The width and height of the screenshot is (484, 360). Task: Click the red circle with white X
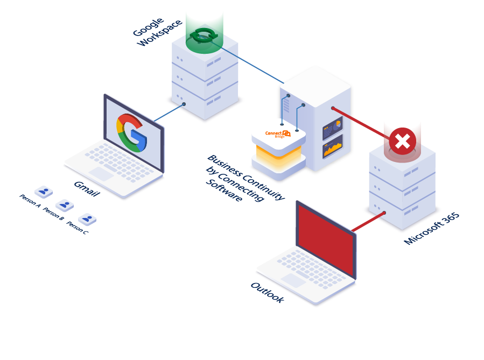coord(402,142)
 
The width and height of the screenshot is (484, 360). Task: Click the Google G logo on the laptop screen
coord(131,133)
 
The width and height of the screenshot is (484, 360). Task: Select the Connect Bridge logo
coord(278,134)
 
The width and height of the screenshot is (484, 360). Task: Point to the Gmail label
coord(87,189)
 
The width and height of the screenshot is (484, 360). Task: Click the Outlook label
coord(268,292)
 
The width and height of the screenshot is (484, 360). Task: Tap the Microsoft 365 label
coord(432,229)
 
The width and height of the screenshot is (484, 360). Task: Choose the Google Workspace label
coord(157,32)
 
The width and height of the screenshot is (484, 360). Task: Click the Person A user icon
coord(44,192)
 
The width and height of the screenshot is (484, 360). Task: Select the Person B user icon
coord(65,205)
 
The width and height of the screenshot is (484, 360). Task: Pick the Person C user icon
coord(87,219)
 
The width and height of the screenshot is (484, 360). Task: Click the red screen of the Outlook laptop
coord(326,239)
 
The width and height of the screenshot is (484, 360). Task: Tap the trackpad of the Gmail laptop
coord(101,174)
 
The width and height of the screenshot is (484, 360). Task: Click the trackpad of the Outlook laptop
coord(293,280)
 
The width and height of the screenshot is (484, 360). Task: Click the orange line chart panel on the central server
coord(333,147)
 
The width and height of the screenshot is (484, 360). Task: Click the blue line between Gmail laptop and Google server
coord(169,112)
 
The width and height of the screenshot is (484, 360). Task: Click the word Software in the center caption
coord(224,190)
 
